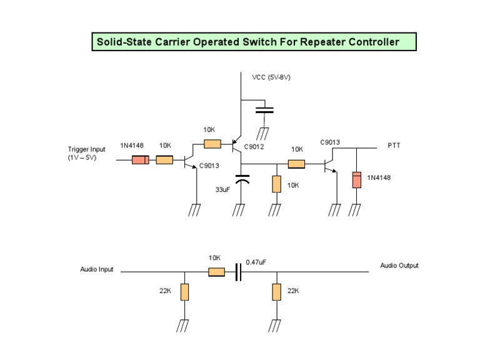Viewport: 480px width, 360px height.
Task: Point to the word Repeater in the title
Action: [324, 42]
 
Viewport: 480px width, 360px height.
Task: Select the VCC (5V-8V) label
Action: [271, 77]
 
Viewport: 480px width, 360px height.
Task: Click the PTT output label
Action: [394, 145]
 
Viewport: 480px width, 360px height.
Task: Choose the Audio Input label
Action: [97, 269]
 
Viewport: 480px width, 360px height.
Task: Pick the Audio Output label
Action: [399, 266]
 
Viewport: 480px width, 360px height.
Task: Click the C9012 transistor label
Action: [254, 147]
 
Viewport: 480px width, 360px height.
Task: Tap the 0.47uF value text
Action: [256, 262]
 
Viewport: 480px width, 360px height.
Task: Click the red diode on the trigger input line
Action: [141, 160]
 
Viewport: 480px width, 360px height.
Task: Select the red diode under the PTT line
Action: [356, 179]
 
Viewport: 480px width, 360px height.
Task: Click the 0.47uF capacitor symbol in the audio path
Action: [238, 272]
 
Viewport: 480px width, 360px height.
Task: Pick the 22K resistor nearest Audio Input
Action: [184, 292]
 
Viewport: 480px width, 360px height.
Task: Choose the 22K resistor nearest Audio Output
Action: [276, 292]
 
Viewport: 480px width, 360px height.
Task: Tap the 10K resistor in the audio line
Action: [216, 272]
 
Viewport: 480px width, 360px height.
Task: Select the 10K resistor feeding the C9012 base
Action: [212, 144]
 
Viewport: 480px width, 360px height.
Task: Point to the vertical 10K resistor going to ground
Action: [276, 184]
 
